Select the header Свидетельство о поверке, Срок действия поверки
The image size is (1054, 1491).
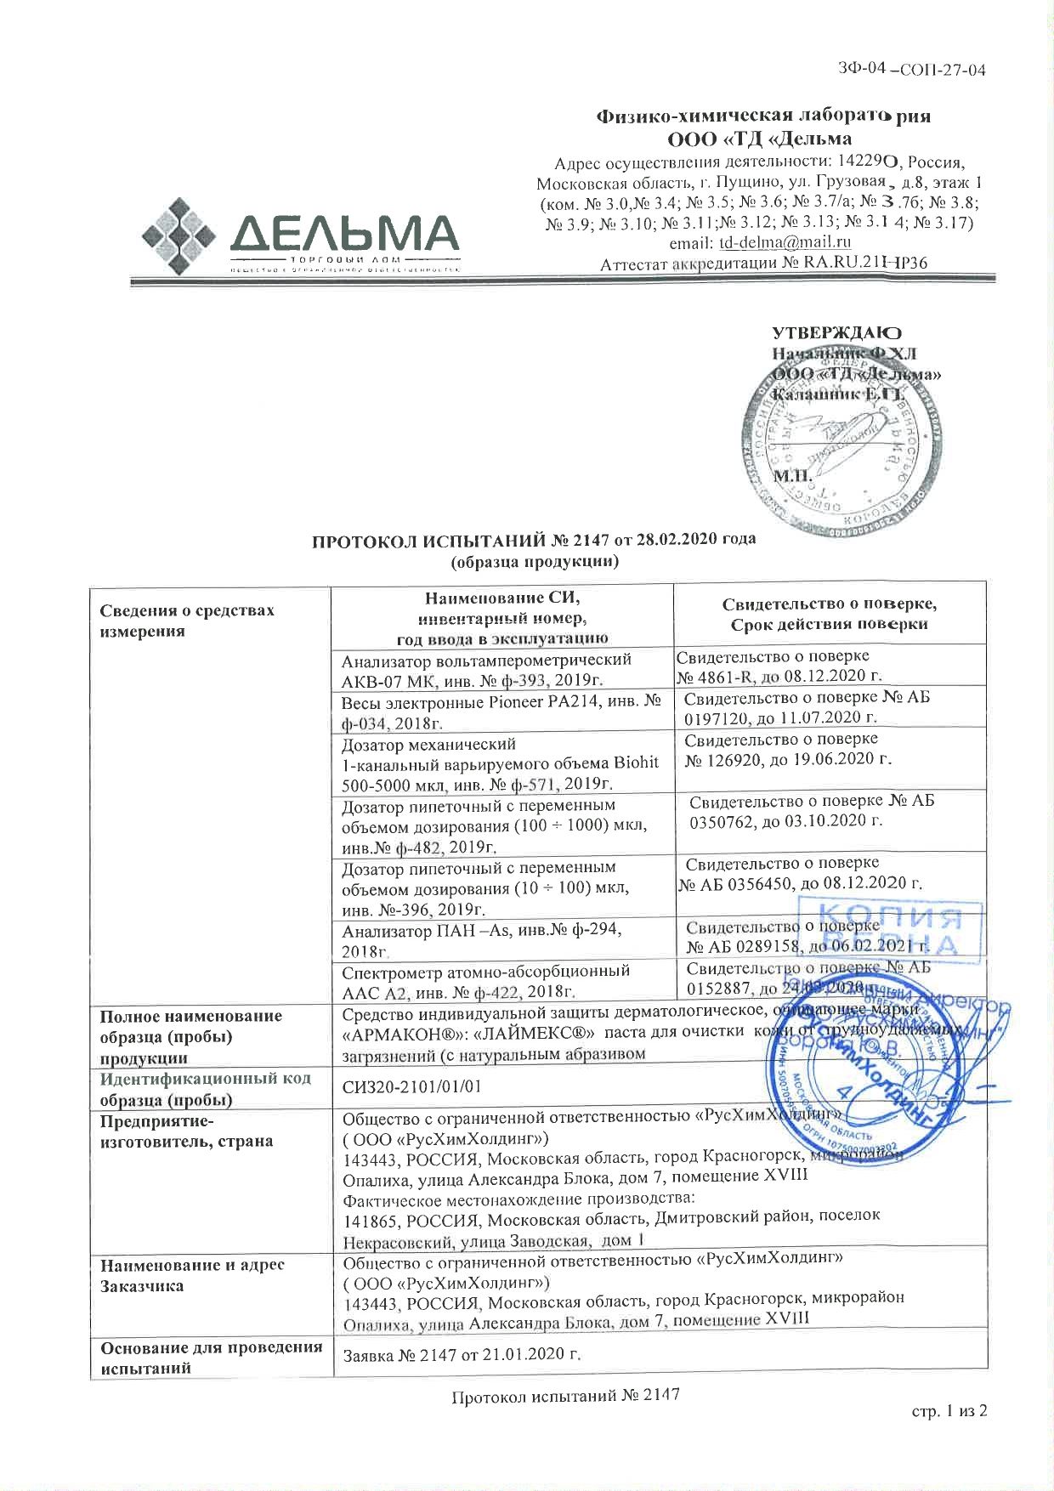point(829,614)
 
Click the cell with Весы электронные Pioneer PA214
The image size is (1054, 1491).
point(501,711)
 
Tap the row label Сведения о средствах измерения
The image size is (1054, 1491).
point(187,621)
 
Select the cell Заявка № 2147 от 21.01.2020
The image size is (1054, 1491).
point(461,1354)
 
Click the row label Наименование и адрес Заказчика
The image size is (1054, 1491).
point(192,1275)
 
